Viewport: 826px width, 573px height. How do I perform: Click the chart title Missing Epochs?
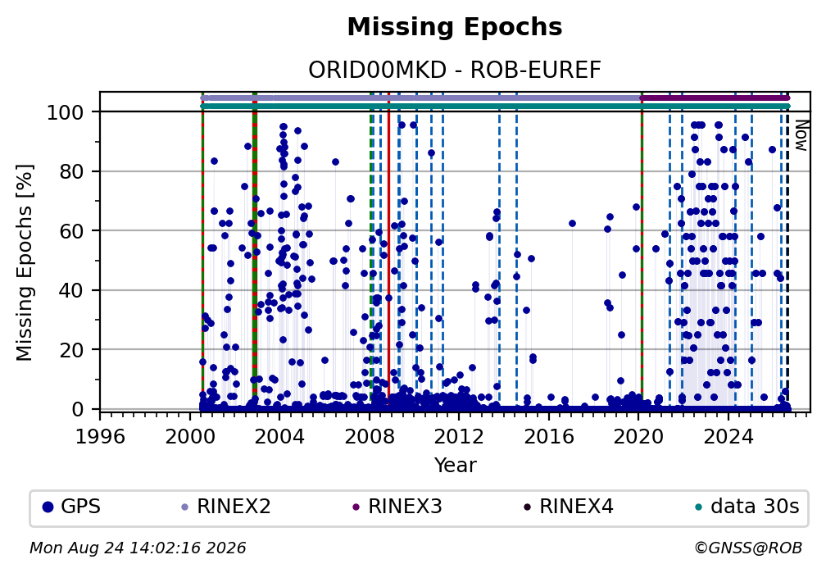tap(455, 27)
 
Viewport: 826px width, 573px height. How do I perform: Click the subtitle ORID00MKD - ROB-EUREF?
tap(455, 70)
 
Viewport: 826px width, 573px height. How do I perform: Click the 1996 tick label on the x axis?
tap(100, 436)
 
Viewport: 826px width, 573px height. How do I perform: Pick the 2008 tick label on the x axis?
tap(370, 436)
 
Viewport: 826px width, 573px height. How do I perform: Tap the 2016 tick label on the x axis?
tap(549, 436)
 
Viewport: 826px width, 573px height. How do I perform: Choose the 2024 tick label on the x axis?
tap(728, 436)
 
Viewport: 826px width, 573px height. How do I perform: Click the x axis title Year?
tap(455, 465)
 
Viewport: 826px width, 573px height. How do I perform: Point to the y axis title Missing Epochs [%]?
tap(25, 262)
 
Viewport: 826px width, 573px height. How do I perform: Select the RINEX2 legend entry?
tap(226, 507)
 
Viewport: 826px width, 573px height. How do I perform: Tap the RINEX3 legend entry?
tap(397, 507)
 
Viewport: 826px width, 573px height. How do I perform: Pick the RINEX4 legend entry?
tap(569, 507)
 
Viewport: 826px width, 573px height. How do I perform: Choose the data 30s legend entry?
tap(747, 507)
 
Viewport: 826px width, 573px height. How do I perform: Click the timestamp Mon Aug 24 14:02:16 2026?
tap(138, 548)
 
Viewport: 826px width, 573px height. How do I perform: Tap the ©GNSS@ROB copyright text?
tap(748, 548)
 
